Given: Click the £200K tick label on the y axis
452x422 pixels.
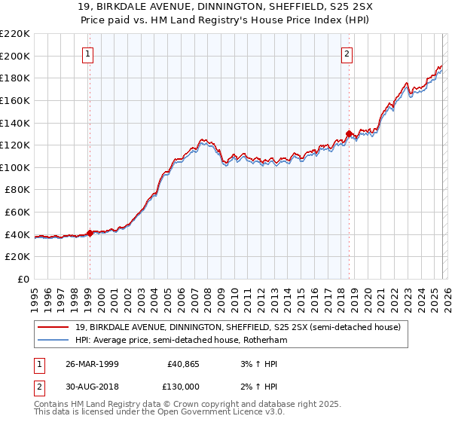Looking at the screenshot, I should point(15,56).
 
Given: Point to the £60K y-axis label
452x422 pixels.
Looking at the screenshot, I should point(17,213).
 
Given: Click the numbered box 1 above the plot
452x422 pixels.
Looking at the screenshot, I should point(89,54).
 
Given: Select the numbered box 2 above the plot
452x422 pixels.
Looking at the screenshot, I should point(347,54).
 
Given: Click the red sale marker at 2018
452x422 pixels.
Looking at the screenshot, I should point(349,134).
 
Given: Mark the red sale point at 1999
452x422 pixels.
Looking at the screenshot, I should point(90,234).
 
